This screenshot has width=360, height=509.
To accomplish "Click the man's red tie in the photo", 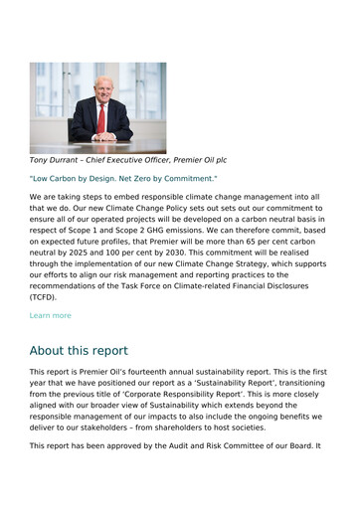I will point(100,119).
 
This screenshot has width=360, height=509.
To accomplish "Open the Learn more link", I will point(51,315).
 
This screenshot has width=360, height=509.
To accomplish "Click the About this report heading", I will point(79,351).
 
